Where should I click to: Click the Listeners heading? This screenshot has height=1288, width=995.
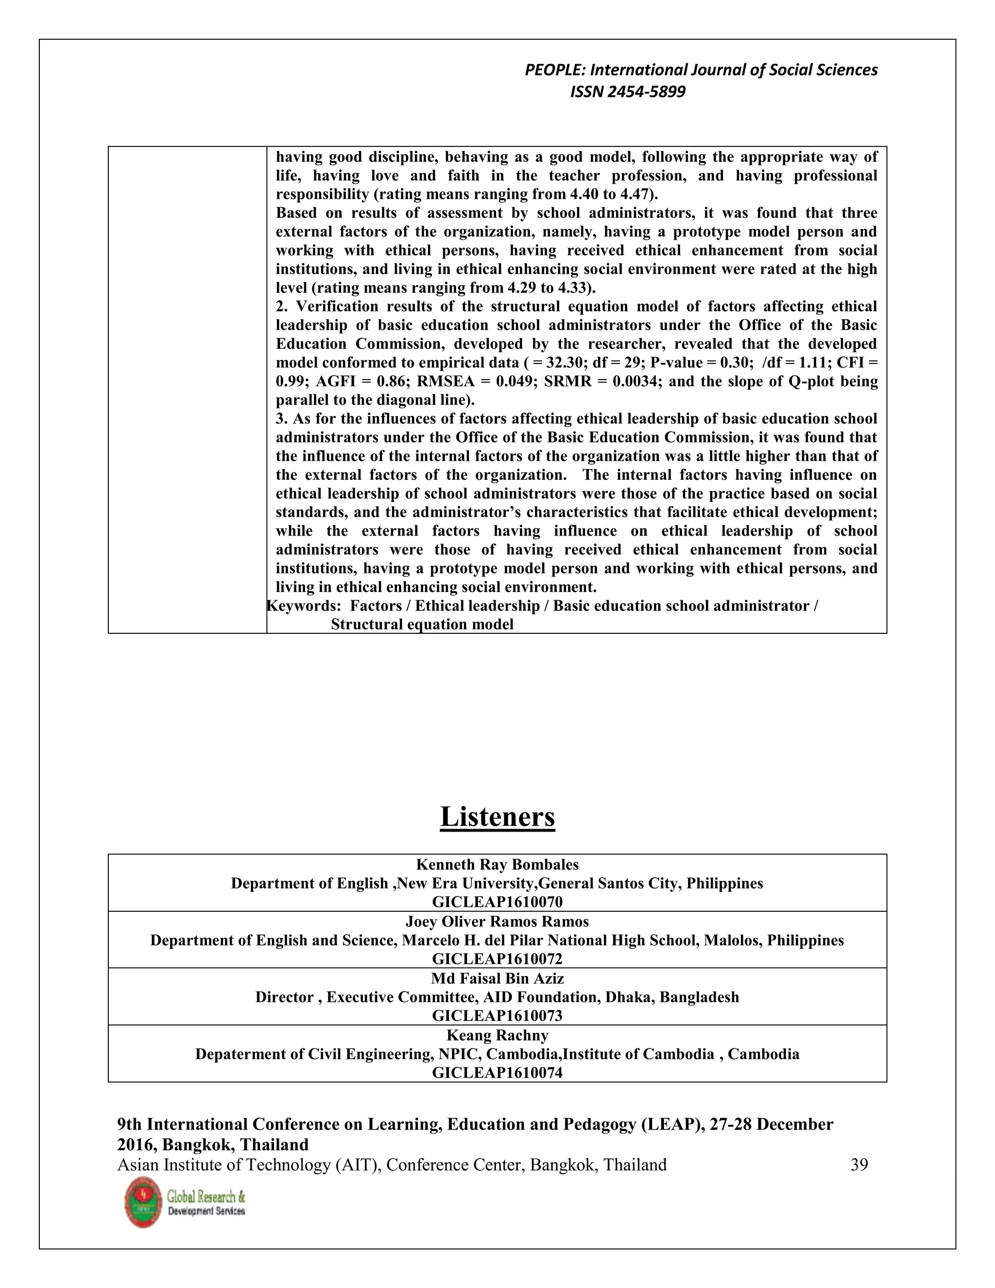pos(497,818)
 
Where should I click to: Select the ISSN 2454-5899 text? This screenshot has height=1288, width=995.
pos(628,92)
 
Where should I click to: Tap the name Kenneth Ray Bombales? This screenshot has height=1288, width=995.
pos(497,865)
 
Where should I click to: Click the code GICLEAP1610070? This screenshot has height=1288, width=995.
pos(497,902)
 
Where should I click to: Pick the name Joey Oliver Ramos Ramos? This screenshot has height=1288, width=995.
pos(497,921)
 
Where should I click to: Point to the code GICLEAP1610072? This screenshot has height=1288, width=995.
pos(497,959)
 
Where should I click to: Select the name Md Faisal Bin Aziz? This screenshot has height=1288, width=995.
pos(497,978)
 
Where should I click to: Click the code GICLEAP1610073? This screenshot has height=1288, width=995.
pos(497,1015)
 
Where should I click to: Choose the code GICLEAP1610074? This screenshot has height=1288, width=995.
pos(497,1073)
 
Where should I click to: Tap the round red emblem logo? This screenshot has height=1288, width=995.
pos(143,1202)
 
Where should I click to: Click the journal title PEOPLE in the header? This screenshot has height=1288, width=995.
pos(555,70)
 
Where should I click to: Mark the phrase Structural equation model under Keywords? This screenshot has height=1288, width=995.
pos(422,625)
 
